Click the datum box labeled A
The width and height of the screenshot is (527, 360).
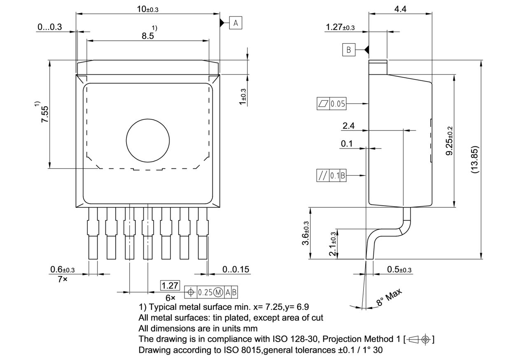(x=236, y=23)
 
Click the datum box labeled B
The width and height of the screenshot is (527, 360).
(x=348, y=50)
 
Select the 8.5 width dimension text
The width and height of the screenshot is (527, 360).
(x=148, y=36)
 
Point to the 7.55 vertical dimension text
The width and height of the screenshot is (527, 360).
(x=45, y=114)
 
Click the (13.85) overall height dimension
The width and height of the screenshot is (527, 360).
(x=475, y=159)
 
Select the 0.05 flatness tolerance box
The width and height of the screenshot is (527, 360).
(x=331, y=104)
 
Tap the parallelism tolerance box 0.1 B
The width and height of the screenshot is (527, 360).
(x=331, y=176)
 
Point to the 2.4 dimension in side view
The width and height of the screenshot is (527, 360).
(x=348, y=126)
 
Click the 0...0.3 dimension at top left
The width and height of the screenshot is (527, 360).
(x=49, y=27)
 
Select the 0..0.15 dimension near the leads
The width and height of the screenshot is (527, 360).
(x=236, y=269)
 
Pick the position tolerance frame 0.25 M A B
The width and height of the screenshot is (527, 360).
(x=211, y=292)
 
